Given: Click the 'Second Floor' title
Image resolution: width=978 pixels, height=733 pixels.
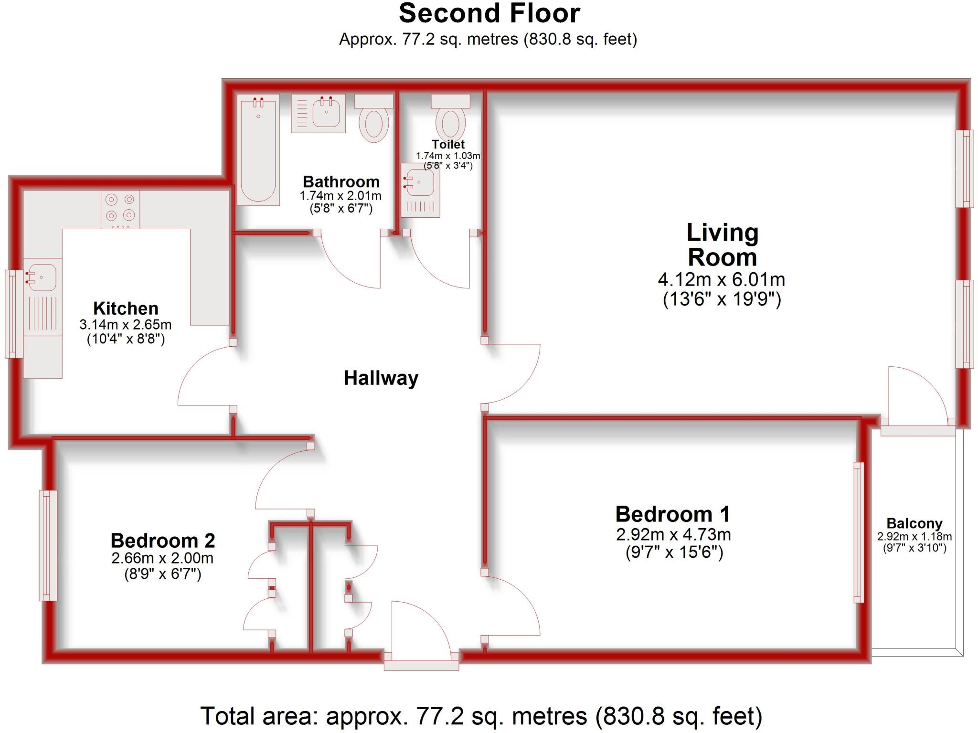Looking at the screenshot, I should pos(489,13).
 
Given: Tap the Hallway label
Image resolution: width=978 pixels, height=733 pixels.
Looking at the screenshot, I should pos(381,378).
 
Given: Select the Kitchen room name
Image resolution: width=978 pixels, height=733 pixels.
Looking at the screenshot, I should pos(126,308).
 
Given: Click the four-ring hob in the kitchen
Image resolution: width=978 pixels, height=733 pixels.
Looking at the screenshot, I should pos(120,209).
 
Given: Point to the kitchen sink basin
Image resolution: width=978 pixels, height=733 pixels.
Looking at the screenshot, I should pos(42,277).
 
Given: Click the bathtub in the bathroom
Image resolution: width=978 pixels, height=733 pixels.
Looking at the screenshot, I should pos(258,150).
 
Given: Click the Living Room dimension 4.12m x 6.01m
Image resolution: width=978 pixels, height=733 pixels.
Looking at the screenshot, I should pos(721,279).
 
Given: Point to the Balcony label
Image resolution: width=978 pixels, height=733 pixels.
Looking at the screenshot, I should pos(914,523).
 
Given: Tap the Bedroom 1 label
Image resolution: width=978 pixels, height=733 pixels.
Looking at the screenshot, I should pos(673,514).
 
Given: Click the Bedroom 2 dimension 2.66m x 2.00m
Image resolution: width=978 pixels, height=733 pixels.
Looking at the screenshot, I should pos(162,558).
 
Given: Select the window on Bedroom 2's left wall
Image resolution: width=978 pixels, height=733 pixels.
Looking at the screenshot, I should pos(48,545).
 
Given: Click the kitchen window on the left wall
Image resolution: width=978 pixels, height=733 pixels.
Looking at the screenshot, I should pos(13,314).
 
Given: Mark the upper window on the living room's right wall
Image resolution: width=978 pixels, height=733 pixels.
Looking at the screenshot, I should pos(964,169).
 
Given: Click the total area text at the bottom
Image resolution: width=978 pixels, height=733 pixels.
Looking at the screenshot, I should pos(481,716).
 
